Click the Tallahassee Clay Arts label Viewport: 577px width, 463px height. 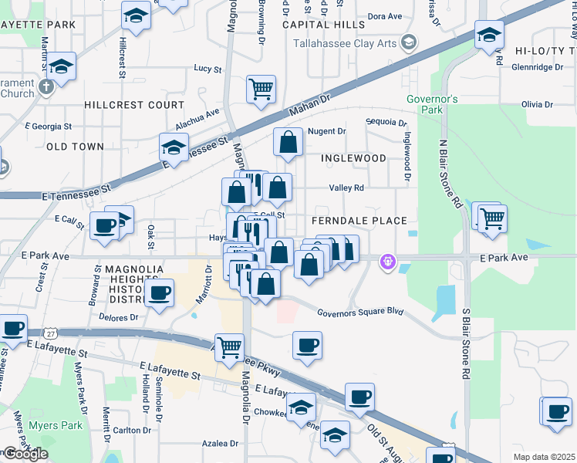coord(345,42)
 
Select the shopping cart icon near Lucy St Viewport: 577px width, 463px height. coord(261,89)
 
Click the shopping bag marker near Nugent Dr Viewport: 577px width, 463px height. coord(288,142)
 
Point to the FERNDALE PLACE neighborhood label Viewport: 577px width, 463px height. coord(359,221)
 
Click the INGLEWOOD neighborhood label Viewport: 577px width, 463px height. coord(353,158)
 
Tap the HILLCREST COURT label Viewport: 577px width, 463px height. coord(134,105)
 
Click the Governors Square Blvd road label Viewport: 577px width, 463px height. coord(361,311)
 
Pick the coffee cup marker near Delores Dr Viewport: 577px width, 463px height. coord(159,293)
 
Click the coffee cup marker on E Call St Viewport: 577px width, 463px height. coord(103,225)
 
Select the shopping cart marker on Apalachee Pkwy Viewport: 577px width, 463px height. coord(229,347)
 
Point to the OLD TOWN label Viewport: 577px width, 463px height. coord(75,146)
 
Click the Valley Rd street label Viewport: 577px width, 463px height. coord(346,188)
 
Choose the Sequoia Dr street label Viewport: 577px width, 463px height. coord(386,122)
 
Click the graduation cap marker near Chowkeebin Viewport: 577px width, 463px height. coord(301,406)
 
